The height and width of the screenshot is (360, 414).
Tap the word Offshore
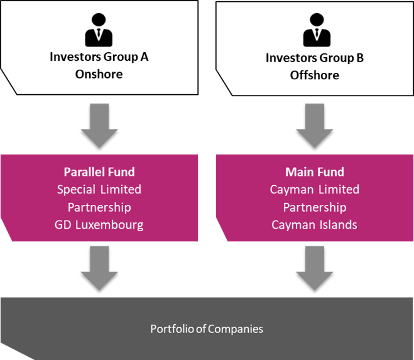click(314, 75)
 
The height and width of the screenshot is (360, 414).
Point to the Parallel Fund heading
click(99, 172)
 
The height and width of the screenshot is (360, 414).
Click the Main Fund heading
click(314, 172)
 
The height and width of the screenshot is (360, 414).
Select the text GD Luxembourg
click(99, 224)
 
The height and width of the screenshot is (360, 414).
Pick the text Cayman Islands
click(314, 224)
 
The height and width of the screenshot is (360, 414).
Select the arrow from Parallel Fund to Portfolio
click(99, 268)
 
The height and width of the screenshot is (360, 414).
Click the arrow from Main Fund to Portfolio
click(314, 268)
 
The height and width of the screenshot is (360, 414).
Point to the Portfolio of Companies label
click(207, 329)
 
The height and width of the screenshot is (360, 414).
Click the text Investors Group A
click(99, 57)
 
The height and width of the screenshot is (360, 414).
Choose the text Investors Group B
click(314, 58)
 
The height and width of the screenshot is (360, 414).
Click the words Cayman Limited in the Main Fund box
click(314, 189)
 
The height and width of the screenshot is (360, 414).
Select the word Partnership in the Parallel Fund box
click(99, 207)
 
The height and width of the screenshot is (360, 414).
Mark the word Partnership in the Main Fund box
click(314, 207)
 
